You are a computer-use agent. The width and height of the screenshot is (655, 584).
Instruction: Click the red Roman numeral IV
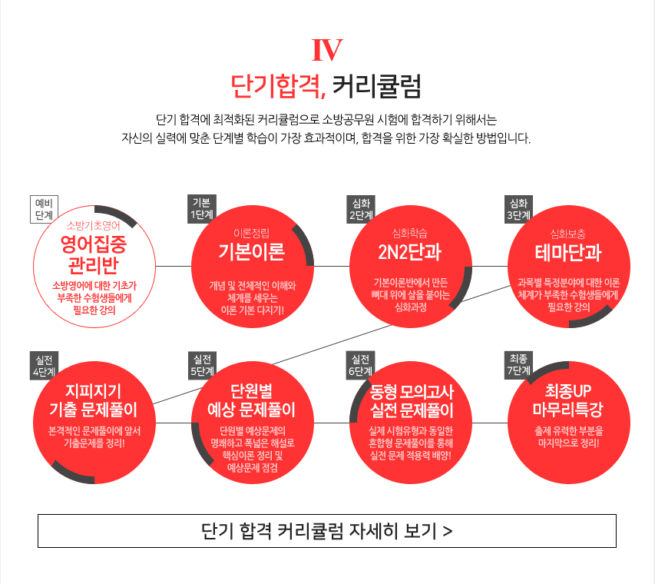click(327, 50)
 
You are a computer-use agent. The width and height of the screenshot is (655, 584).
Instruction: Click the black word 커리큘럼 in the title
click(376, 86)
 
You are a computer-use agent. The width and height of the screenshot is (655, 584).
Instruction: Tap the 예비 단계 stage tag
click(44, 209)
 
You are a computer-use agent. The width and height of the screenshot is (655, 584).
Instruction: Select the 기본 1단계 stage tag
click(202, 208)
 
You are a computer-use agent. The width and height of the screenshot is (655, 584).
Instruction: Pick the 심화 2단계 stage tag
click(361, 209)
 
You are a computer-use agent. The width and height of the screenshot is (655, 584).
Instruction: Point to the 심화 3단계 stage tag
click(518, 209)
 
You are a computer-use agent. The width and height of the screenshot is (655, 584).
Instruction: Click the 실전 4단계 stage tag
click(44, 365)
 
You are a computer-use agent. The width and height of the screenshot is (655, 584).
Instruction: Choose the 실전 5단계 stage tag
click(202, 365)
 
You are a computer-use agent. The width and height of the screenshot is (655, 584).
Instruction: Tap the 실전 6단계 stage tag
click(360, 365)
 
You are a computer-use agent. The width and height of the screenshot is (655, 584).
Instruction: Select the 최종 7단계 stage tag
click(518, 364)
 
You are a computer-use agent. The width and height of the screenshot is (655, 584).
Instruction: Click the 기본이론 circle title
click(252, 252)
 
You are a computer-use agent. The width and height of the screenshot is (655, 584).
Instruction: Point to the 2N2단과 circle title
click(410, 252)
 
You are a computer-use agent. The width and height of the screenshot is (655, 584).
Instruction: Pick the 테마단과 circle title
click(568, 253)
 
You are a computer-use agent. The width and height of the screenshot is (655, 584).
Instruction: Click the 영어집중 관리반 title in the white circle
click(94, 254)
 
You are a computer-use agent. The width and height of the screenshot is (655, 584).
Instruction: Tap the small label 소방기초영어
click(94, 226)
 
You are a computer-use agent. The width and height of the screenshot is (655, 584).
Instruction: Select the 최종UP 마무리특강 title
click(568, 400)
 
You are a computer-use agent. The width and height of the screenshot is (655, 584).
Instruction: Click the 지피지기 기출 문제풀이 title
click(94, 400)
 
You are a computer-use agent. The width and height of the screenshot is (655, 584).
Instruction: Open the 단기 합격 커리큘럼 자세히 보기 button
click(327, 531)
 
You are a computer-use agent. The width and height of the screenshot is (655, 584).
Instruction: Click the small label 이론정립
click(251, 234)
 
